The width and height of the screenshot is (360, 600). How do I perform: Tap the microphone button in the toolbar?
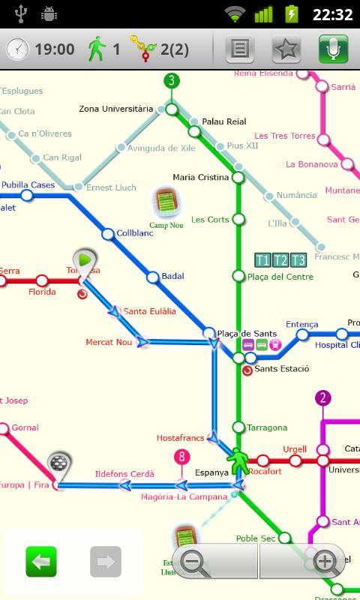(x=333, y=49)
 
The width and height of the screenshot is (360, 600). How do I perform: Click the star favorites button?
(x=286, y=49)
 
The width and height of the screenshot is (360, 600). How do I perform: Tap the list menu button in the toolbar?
(x=240, y=49)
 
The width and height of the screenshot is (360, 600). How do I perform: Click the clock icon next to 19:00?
(x=17, y=49)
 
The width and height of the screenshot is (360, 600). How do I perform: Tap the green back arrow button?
(x=41, y=561)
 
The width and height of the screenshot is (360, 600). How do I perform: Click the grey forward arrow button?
(x=106, y=561)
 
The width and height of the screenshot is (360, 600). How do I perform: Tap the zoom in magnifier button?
(x=325, y=561)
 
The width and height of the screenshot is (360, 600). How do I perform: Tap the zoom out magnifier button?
(x=194, y=561)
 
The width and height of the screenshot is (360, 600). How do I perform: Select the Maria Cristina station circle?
(x=238, y=178)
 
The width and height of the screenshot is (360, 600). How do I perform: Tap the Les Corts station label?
(x=209, y=220)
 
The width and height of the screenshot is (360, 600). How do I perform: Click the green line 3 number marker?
(x=172, y=81)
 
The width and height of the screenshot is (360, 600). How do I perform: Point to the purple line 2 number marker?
(x=322, y=397)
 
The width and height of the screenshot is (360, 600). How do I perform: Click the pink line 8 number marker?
(x=181, y=457)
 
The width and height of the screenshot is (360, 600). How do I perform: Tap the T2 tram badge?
(x=280, y=260)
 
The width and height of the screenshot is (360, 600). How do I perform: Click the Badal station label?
(x=172, y=276)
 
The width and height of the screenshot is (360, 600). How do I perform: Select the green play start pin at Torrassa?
(x=85, y=260)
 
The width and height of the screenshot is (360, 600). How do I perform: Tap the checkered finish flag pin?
(x=58, y=464)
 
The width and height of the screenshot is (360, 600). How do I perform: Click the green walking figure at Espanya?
(x=239, y=460)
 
